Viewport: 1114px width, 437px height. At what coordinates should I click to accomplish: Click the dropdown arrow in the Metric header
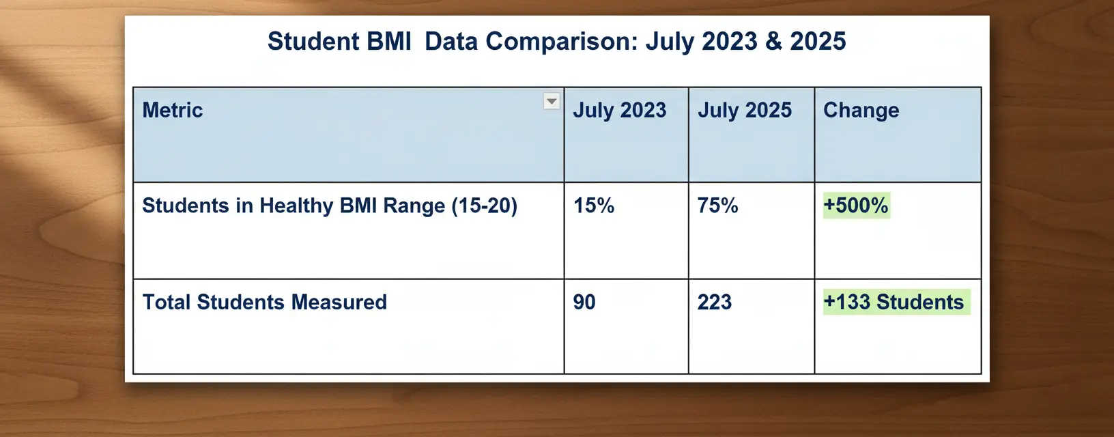pos(552,102)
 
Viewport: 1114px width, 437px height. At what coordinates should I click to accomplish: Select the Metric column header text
pos(173,110)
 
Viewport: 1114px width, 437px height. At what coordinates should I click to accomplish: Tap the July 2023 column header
pos(619,110)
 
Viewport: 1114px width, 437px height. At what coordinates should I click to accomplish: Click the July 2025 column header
pos(744,110)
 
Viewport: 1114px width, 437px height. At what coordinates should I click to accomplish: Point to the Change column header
pos(861,110)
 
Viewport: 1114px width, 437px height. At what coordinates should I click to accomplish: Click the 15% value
pos(593,206)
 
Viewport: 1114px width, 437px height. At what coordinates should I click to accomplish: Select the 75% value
pos(717,206)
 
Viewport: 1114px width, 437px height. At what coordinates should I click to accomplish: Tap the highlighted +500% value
pos(856,206)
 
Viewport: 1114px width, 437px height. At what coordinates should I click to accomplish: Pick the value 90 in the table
pos(584,302)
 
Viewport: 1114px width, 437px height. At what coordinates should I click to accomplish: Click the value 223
pos(714,302)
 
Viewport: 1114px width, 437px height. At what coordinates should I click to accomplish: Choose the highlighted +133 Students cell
pos(894,302)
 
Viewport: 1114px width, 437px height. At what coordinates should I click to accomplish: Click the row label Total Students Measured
pos(264,302)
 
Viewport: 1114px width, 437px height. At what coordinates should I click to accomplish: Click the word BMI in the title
pos(389,42)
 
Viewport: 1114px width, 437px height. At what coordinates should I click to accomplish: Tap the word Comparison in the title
pos(562,42)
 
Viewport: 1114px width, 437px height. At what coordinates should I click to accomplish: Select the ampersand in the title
pos(773,42)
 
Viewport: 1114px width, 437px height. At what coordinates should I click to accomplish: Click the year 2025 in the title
pos(818,42)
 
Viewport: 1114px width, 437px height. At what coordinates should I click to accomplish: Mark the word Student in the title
pos(313,42)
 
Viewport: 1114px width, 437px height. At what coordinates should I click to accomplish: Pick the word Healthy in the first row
pos(296,206)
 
